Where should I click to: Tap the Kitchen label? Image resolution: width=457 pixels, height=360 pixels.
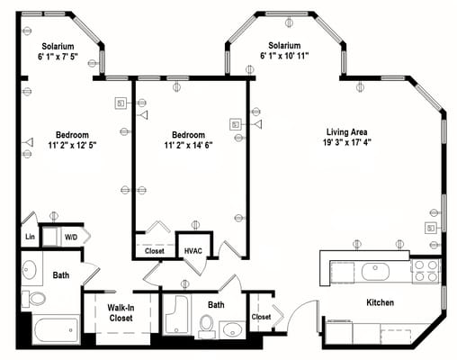point(379,303)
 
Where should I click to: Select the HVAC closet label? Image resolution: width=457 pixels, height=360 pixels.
point(193,251)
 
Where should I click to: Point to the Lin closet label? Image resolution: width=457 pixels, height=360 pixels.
point(30,238)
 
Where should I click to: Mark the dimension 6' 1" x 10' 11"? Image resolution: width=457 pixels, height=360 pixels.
point(284,57)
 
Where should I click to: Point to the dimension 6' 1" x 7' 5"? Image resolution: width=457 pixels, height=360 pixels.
point(58,57)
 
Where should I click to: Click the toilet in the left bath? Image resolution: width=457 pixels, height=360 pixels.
point(37,298)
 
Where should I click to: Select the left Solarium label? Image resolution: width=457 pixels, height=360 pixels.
point(58,46)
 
